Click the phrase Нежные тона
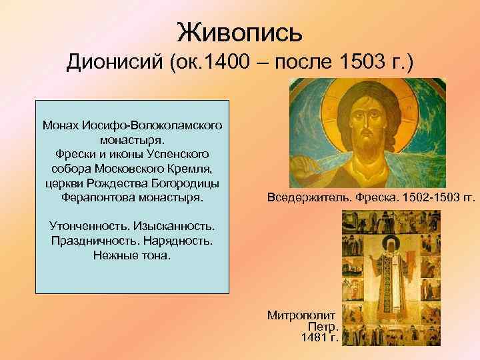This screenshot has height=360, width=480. point(132,256)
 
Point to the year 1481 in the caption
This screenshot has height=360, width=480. point(314,338)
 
